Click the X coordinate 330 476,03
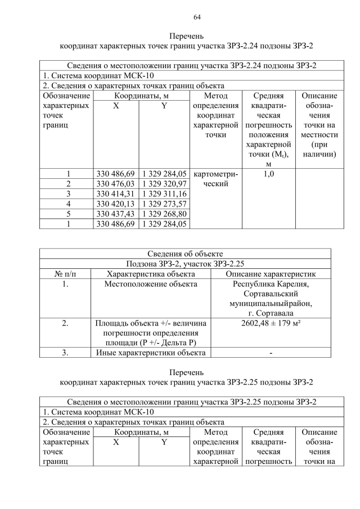(x=116, y=184)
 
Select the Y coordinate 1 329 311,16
(x=164, y=194)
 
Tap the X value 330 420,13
(x=116, y=204)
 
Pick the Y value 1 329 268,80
(x=164, y=214)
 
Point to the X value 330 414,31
(x=116, y=194)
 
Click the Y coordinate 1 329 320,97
(x=164, y=184)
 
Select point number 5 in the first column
(x=68, y=214)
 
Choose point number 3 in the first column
(x=68, y=194)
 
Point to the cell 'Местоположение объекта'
(x=151, y=284)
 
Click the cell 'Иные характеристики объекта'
(x=151, y=353)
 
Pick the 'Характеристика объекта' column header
(x=151, y=274)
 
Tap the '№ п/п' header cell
(x=65, y=274)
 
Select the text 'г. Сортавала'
(x=271, y=313)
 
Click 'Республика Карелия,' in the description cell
(x=271, y=284)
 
